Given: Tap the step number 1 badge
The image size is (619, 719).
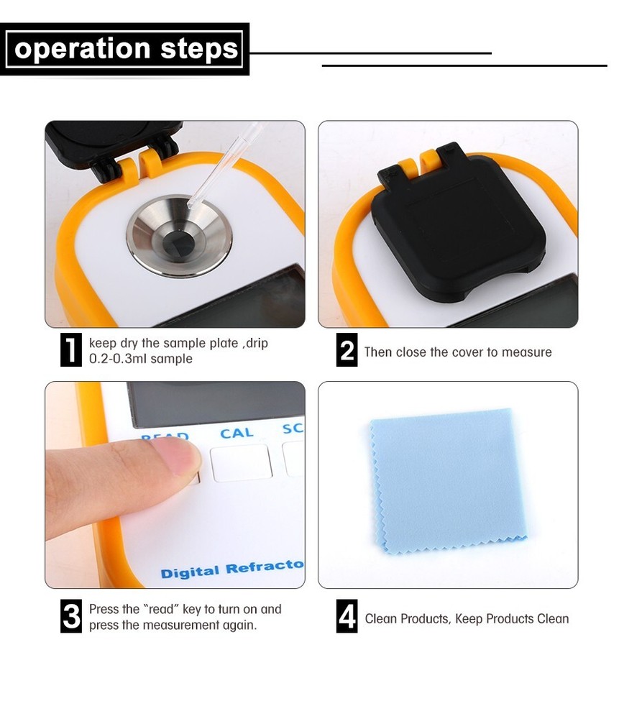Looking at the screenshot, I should coord(70,350).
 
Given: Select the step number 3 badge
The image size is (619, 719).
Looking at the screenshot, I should coord(70,616).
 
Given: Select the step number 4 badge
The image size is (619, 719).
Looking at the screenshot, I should coord(347,617).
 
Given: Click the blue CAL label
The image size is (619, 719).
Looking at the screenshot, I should coord(237,434).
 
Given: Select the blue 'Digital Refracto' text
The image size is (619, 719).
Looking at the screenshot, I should coord(231,569).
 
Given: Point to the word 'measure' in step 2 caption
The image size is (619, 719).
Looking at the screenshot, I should coord(527,352).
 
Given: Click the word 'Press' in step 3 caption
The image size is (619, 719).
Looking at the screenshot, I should coord(104,609).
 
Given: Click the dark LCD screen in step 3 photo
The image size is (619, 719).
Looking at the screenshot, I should coord(216,403).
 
